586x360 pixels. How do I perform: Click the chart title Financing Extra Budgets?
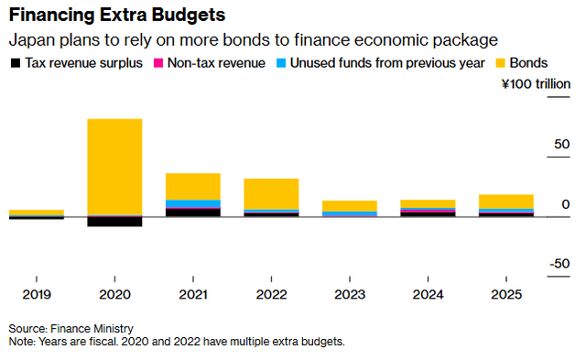pyautogui.click(x=117, y=16)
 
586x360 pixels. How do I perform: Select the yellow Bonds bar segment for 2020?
pyautogui.click(x=114, y=167)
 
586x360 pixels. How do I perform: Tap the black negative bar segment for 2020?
pyautogui.click(x=114, y=222)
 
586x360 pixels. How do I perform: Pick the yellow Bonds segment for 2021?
pyautogui.click(x=192, y=186)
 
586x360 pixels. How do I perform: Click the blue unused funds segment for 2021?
pyautogui.click(x=192, y=203)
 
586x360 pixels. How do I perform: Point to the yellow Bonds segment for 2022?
pyautogui.click(x=271, y=194)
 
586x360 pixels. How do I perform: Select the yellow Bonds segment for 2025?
pyautogui.click(x=506, y=202)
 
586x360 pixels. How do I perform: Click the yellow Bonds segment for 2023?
pyautogui.click(x=350, y=206)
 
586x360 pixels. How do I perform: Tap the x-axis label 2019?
pyautogui.click(x=36, y=295)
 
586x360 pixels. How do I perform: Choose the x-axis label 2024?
pyautogui.click(x=429, y=295)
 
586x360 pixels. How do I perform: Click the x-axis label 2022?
pyautogui.click(x=271, y=295)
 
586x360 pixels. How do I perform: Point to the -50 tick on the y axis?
pyautogui.click(x=559, y=264)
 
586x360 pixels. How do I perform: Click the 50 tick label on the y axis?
pyautogui.click(x=562, y=145)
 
